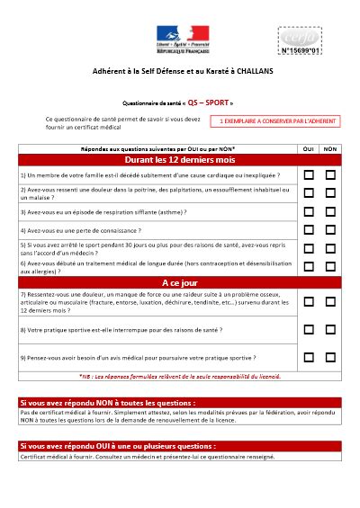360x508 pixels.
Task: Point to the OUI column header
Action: coord(308,147)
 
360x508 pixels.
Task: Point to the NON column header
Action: coord(330,147)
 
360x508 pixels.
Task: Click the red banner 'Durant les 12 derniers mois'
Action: coord(180,159)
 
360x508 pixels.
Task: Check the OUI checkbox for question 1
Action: coord(308,174)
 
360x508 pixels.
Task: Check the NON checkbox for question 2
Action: coord(330,193)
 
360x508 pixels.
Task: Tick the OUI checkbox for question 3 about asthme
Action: coord(308,212)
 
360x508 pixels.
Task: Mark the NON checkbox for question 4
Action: coord(330,230)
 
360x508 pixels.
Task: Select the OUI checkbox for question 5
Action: coord(308,248)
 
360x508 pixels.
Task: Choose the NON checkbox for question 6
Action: coord(330,266)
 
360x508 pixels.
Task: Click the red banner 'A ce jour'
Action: coord(180,281)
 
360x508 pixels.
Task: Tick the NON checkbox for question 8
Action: coord(330,329)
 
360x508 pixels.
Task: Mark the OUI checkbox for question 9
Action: coord(308,357)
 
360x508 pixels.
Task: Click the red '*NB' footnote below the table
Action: coord(180,376)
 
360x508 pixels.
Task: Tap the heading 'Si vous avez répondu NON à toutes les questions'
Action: coord(108,403)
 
